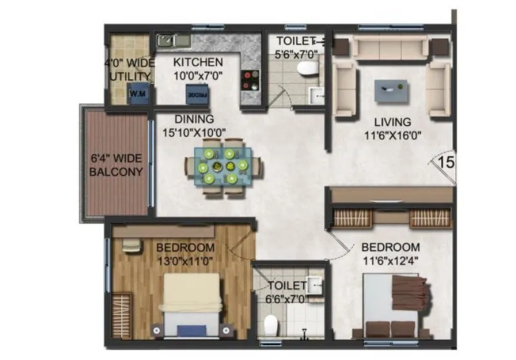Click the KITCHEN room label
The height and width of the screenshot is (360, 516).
coord(199,63)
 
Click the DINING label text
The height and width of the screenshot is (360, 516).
coord(193,119)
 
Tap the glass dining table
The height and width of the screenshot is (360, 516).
coord(223,166)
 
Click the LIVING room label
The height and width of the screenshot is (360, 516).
coord(395,121)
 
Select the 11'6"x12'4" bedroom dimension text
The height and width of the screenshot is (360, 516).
coord(390,260)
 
